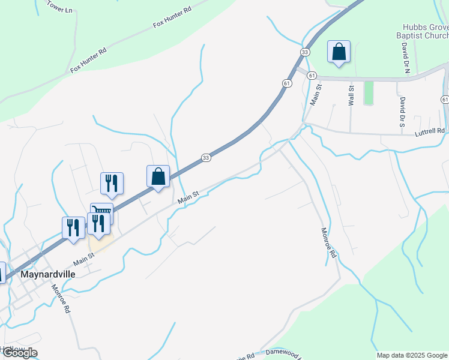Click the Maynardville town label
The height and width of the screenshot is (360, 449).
[x=48, y=274]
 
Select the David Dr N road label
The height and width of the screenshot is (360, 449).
[x=406, y=58]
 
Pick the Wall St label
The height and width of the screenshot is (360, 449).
[x=351, y=95]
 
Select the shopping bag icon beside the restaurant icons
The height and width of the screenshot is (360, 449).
[x=158, y=177]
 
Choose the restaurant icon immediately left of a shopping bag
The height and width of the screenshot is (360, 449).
[x=112, y=184]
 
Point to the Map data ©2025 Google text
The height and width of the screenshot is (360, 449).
[x=412, y=355]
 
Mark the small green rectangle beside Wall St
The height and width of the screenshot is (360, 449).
[x=369, y=93]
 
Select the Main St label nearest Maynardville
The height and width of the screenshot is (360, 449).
[x=84, y=259]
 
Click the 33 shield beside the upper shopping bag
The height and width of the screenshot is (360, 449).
[x=306, y=53]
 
